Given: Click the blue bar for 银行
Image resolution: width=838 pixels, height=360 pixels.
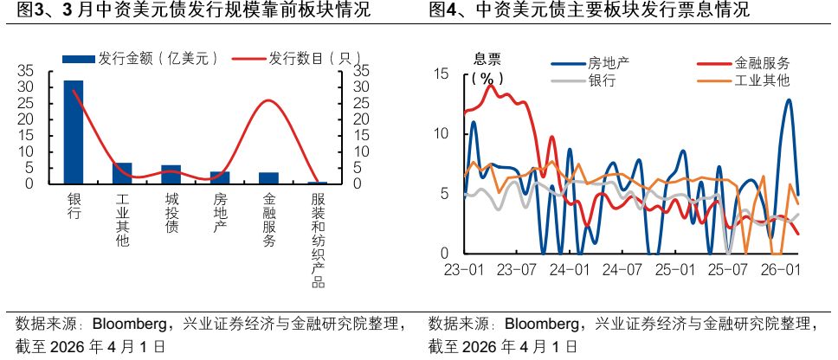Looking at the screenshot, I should [74, 132].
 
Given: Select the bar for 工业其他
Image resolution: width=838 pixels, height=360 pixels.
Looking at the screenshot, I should [122, 174].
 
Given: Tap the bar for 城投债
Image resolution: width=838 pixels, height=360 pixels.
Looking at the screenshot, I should [171, 175].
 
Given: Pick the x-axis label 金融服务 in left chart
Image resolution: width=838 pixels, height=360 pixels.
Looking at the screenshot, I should [269, 220].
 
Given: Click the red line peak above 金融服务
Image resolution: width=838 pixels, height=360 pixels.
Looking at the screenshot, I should [269, 100].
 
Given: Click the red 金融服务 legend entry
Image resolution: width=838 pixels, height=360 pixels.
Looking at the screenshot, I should [761, 63].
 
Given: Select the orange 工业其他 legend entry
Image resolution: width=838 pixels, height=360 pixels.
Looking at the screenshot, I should [761, 80].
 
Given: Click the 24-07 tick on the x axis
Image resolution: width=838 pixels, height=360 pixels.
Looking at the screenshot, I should [622, 270].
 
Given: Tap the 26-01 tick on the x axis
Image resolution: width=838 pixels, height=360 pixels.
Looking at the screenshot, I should [781, 270].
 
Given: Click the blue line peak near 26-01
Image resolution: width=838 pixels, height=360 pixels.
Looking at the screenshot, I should [789, 100].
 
